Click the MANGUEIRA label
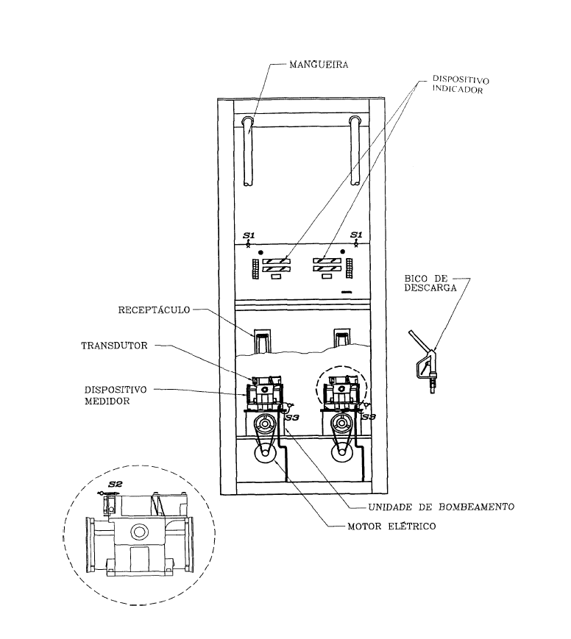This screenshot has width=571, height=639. (x=319, y=65)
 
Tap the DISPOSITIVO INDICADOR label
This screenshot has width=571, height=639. (x=461, y=85)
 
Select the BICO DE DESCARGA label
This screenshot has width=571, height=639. (x=430, y=283)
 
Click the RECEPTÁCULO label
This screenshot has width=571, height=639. (x=155, y=310)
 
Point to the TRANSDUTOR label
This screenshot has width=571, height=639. (x=114, y=346)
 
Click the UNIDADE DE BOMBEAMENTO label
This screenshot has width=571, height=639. (x=441, y=507)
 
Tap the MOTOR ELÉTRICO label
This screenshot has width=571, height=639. (x=391, y=526)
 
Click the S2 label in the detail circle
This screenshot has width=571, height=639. (x=116, y=484)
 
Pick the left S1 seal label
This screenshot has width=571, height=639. (x=249, y=235)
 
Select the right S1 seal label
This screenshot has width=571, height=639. (x=356, y=235)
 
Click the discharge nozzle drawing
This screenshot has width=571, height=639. (x=422, y=360)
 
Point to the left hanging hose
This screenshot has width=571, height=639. (x=248, y=151)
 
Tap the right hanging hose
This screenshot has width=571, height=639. (x=355, y=151)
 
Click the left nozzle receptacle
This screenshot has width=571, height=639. (x=261, y=341)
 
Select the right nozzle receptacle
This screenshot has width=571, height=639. (x=341, y=340)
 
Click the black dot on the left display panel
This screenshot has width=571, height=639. (x=261, y=252)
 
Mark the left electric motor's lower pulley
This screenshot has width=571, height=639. (x=265, y=454)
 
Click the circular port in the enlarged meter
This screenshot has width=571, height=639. (x=139, y=532)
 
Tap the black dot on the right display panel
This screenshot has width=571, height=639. (x=343, y=252)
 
